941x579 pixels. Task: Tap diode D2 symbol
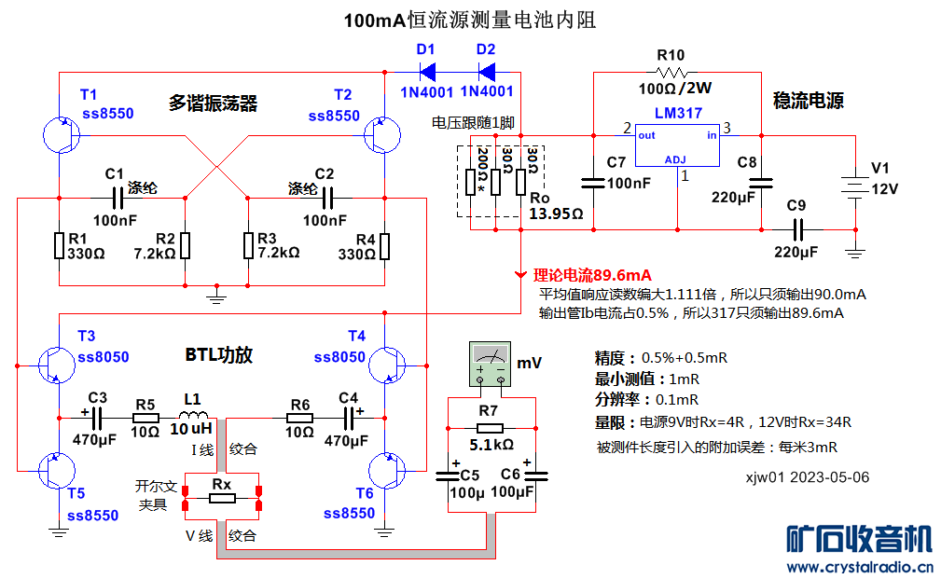pos(485,71)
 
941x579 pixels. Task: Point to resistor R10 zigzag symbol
pos(671,72)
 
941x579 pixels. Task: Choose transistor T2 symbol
pos(381,136)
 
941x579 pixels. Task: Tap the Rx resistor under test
pos(222,499)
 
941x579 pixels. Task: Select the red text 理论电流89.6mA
pos(592,275)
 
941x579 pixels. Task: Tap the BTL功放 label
pos(218,355)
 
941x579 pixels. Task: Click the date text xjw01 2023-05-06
pos(807,476)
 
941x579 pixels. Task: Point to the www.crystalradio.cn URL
pos(861,566)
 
